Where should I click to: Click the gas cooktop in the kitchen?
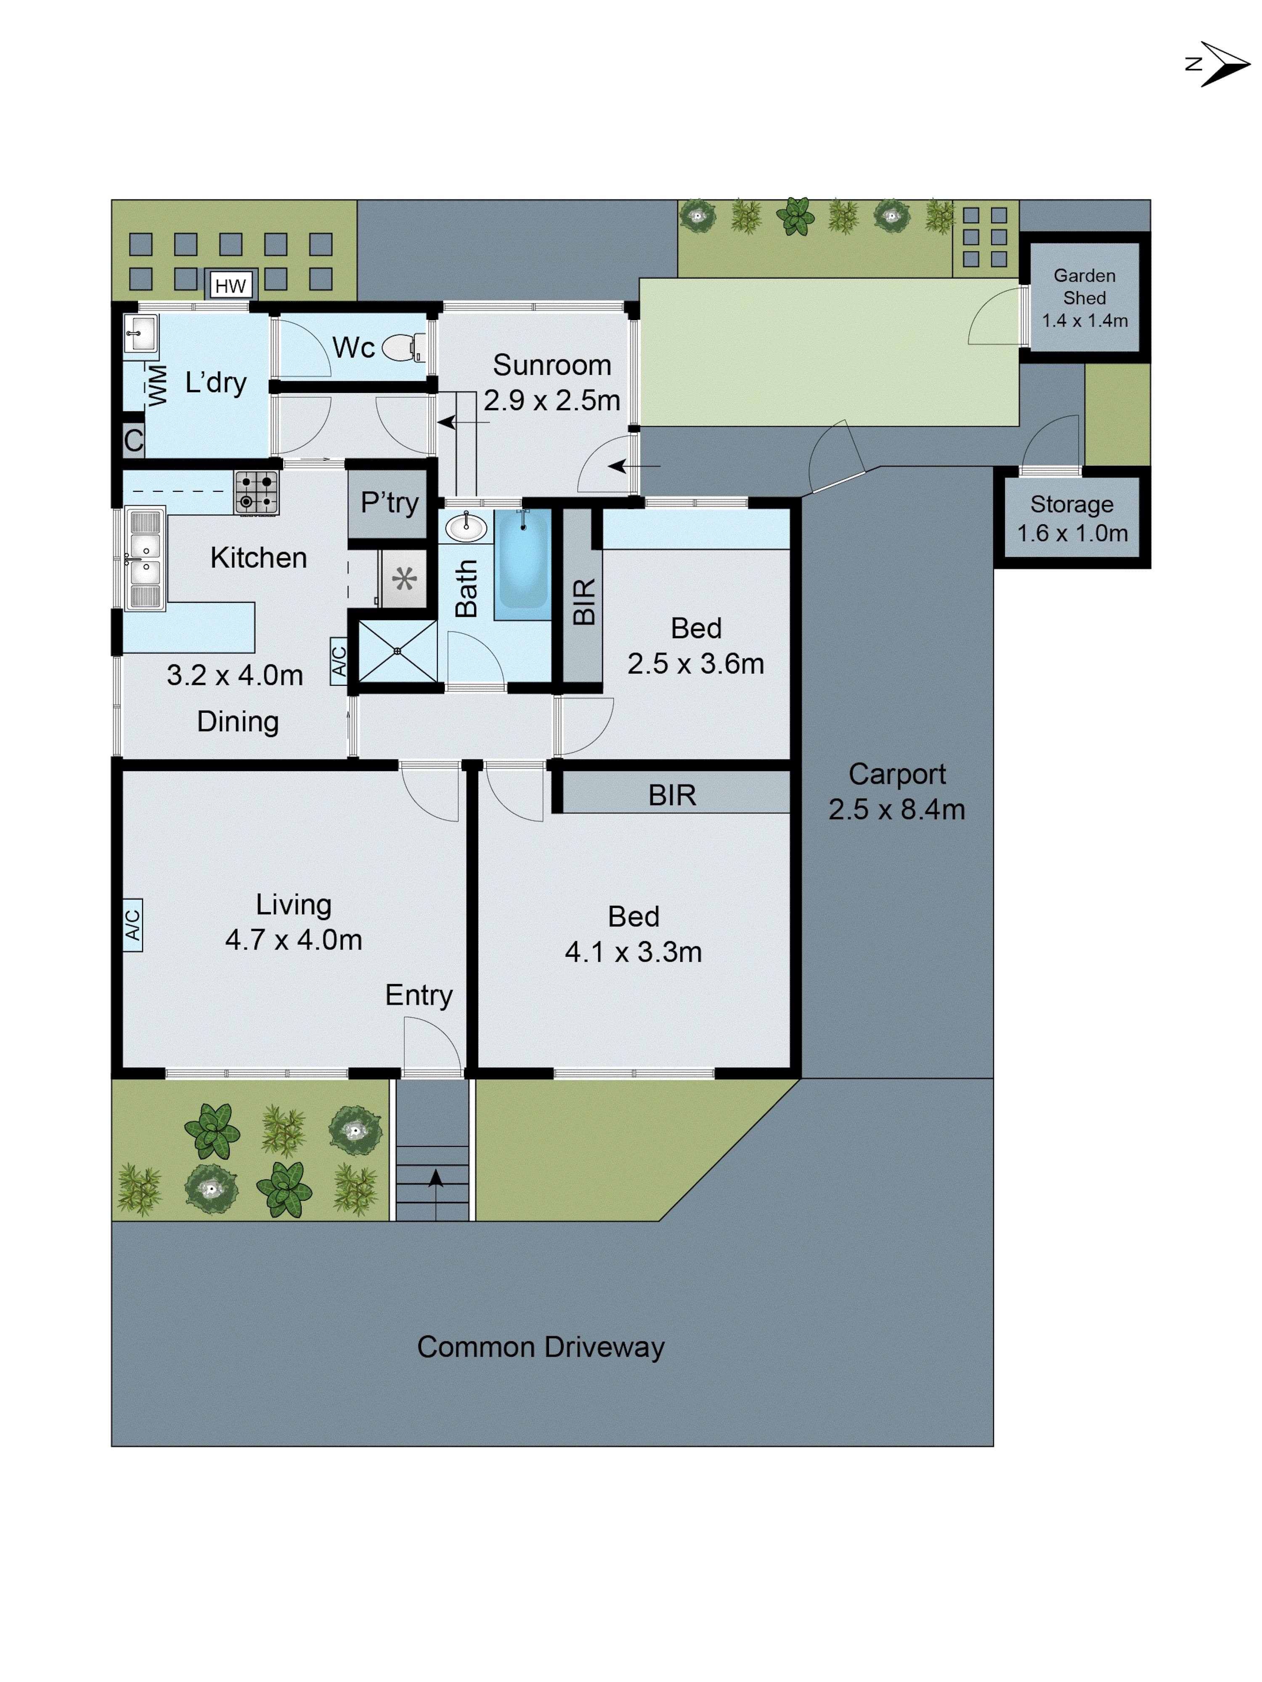coord(256,491)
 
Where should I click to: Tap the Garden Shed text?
coord(1084,287)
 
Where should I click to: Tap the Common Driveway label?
coord(541,1347)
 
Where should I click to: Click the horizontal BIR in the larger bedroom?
coord(672,795)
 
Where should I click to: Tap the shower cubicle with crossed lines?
coord(397,651)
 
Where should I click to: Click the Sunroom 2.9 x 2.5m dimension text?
coord(552,400)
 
